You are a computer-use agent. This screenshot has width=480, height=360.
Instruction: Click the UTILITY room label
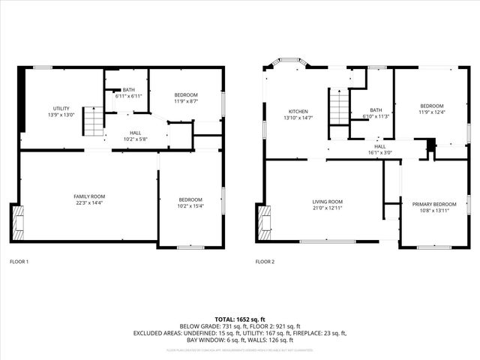point(61,109)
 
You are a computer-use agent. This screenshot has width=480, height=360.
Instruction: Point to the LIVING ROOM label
point(327,201)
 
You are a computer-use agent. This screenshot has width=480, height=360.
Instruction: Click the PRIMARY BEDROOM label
point(433,204)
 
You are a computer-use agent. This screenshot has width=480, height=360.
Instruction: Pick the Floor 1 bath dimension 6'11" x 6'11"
point(128,96)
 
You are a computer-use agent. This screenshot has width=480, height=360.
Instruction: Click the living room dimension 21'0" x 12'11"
point(327,208)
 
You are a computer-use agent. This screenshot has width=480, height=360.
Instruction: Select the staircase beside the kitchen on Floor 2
point(339,107)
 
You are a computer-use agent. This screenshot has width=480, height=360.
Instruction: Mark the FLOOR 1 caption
point(19,262)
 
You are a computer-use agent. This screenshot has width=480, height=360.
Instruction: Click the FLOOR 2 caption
point(265,262)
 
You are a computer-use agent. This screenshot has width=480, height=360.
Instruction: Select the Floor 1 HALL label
point(136,132)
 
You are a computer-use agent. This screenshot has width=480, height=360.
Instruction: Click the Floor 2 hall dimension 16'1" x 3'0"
point(380,153)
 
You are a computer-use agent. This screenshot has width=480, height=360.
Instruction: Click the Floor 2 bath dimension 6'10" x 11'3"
point(376,117)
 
